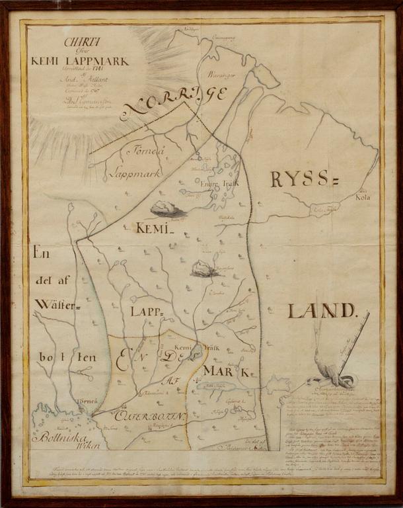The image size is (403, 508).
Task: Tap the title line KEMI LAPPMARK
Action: (80, 61)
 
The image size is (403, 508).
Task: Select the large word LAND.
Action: (321, 310)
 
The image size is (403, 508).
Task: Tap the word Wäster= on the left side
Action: (57, 305)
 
